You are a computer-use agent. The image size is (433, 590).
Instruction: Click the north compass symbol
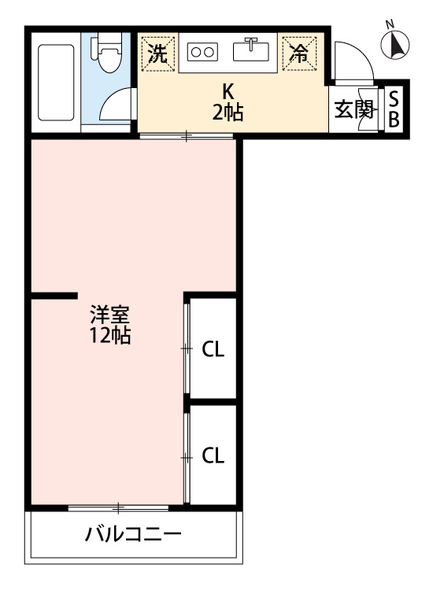[396, 46]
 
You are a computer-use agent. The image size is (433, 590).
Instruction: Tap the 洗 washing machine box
[158, 53]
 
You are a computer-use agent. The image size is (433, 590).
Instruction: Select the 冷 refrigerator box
[298, 53]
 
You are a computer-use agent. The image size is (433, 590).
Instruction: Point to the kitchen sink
[252, 50]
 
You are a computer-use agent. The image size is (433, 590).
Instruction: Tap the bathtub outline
[55, 83]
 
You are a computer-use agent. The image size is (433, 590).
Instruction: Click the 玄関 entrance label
[353, 109]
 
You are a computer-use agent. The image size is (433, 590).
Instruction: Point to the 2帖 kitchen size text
[228, 112]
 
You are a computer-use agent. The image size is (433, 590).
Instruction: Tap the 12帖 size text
[109, 337]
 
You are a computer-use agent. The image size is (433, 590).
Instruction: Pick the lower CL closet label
[213, 455]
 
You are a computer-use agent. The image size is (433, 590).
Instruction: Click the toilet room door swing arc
[118, 106]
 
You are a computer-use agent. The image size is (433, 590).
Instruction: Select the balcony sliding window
[118, 507]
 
